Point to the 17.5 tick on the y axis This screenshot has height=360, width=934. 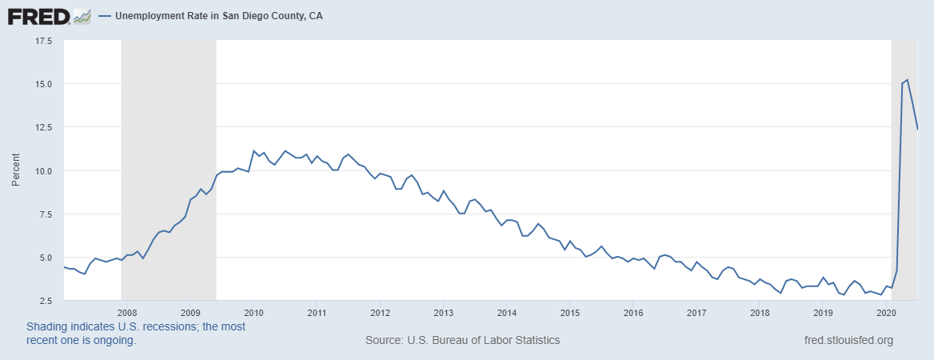[43, 41]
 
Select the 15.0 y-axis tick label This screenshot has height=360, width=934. [43, 84]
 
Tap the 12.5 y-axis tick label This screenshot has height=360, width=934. [43, 127]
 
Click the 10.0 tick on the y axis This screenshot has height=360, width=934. [43, 171]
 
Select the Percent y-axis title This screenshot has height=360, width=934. [16, 170]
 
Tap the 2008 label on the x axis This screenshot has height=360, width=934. [126, 313]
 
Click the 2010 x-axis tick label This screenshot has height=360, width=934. [253, 313]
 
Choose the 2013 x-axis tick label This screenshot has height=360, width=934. [443, 313]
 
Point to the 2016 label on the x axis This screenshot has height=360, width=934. [633, 313]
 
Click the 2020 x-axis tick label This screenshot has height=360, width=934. [886, 313]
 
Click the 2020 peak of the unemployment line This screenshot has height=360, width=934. [908, 80]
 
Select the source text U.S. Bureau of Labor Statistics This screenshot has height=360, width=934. [462, 340]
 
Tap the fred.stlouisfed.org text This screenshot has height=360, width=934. [848, 340]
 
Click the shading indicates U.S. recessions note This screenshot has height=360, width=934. [136, 334]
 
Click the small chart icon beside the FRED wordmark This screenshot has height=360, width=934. [82, 15]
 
